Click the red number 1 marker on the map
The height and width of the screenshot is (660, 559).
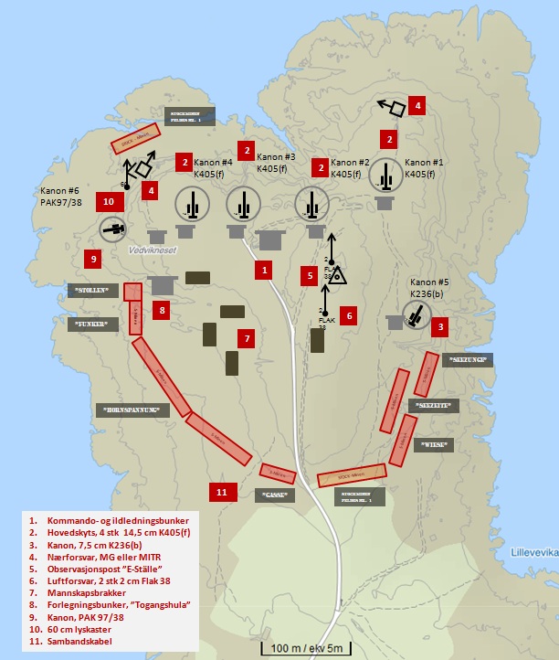point(263,270)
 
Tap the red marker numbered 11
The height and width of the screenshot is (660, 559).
point(222,492)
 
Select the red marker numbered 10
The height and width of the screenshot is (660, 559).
point(109,200)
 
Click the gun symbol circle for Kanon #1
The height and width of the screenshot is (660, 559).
point(385,176)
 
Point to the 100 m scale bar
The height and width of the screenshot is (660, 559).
point(304,648)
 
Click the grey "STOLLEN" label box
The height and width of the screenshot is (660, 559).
point(94,291)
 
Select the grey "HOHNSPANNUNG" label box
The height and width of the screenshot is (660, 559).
point(132,410)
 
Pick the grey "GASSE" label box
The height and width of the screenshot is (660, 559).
point(275,495)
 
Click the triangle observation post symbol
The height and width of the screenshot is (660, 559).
point(338,273)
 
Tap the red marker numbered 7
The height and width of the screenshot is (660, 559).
point(244,338)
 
